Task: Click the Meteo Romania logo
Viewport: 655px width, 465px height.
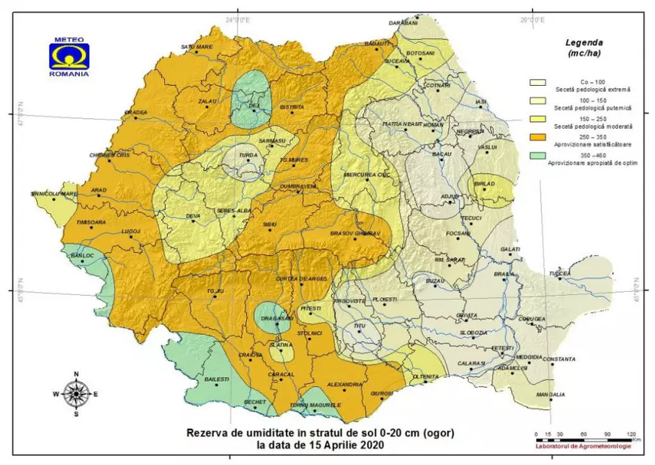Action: (68, 56)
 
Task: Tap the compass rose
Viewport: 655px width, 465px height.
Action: (76, 393)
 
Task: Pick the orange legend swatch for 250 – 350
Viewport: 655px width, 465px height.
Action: (540, 138)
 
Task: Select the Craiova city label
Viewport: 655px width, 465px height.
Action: (241, 355)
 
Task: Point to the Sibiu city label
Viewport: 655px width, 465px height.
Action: (270, 224)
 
